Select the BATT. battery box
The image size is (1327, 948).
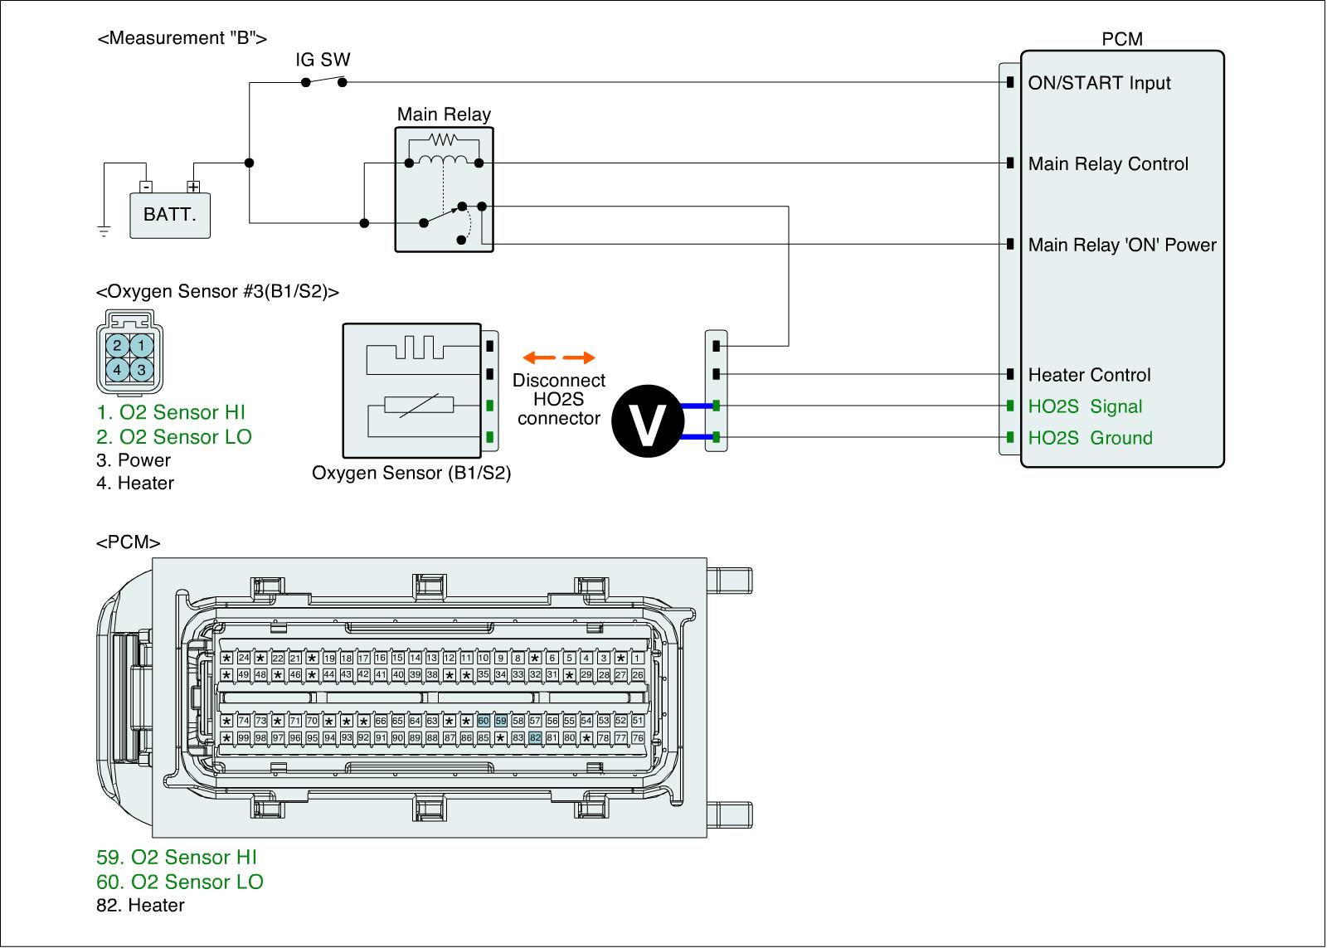tap(170, 215)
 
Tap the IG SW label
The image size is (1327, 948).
tap(323, 60)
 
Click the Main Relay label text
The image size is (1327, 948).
tap(444, 114)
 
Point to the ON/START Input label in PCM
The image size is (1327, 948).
tap(1099, 83)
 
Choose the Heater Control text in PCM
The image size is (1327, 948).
tap(1089, 375)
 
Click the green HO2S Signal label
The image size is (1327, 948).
tap(1085, 406)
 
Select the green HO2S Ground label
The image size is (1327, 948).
tap(1090, 438)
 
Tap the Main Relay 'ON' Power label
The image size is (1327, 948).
tap(1121, 245)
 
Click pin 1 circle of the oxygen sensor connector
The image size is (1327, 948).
tap(142, 345)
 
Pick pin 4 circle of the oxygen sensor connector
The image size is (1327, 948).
tap(118, 369)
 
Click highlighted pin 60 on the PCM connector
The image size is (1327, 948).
tap(484, 721)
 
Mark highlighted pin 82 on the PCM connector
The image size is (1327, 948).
tap(535, 737)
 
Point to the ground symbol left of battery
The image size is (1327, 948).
tap(104, 231)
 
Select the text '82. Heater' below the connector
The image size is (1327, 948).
tap(140, 905)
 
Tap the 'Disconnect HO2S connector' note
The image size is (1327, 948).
tap(558, 399)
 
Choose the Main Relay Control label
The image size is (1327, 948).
tap(1108, 164)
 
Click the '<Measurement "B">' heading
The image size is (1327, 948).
tap(182, 38)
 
